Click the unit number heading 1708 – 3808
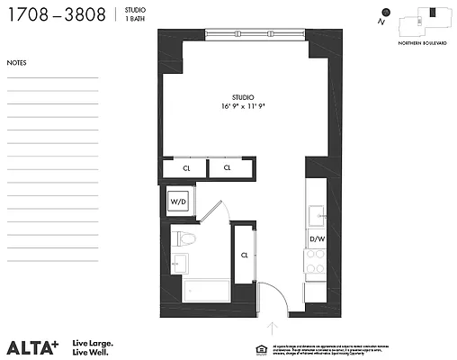coord(57,15)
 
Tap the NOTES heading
coord(16,63)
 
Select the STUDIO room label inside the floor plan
coord(242,96)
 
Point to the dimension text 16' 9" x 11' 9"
coord(242,106)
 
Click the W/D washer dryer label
coord(178,202)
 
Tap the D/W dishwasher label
coord(317,239)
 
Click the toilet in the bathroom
coord(187,239)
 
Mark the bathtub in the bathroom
coord(207,291)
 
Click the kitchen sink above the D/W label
coord(317,216)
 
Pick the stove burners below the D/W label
coord(317,262)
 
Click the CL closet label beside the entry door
coord(244,255)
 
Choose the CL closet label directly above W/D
coord(186,167)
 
